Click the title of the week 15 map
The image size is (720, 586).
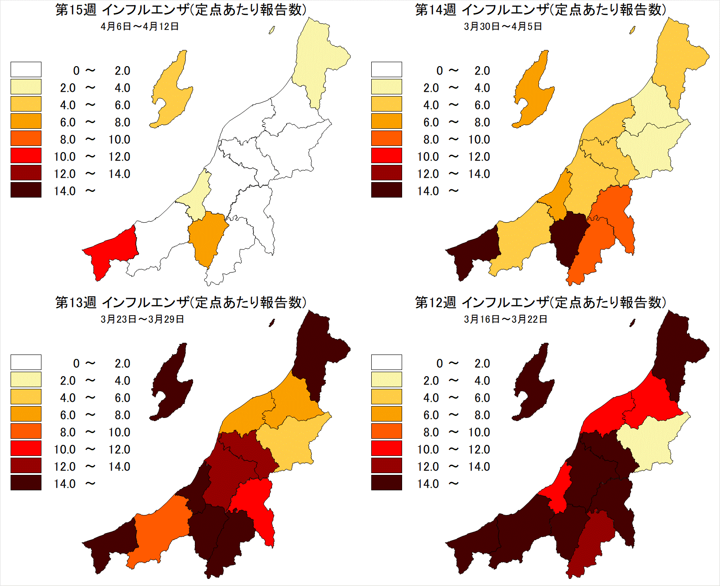click(181, 10)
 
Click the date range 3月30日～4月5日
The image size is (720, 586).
click(503, 26)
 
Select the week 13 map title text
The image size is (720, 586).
click(181, 302)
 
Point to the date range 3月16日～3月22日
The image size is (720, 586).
click(505, 319)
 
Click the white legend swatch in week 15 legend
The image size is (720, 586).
click(26, 70)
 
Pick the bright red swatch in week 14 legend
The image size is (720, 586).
click(387, 156)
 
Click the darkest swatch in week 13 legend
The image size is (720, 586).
click(26, 483)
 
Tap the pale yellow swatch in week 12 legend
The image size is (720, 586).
click(387, 380)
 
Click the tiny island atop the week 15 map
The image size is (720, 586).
click(272, 30)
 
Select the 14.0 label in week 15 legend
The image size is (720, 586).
click(65, 191)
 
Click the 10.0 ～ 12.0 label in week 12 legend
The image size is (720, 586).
click(454, 449)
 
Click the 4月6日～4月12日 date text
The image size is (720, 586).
click(139, 26)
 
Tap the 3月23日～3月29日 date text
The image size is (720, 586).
click(142, 319)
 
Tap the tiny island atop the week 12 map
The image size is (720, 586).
click(632, 323)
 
